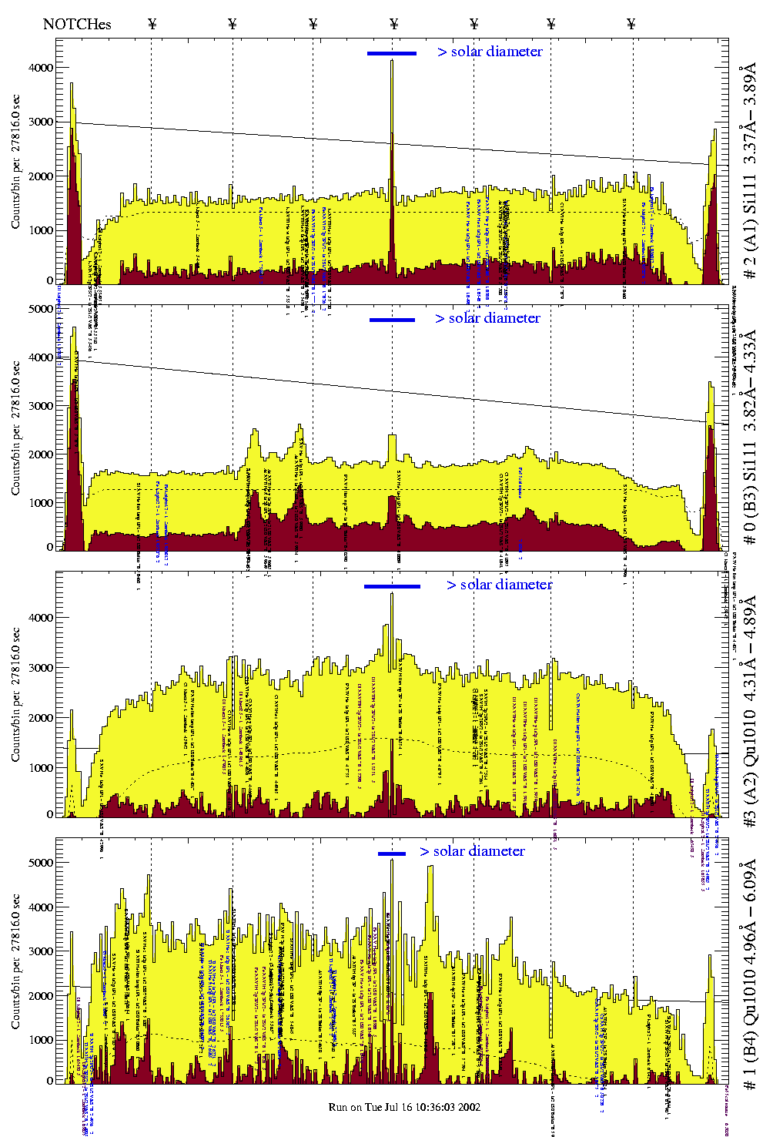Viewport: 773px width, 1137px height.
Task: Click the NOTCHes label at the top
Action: pos(77,24)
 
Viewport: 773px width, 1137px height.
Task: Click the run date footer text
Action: pos(404,1107)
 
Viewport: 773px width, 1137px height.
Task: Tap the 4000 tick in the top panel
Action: pos(39,68)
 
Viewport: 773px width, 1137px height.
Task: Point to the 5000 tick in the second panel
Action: pos(39,309)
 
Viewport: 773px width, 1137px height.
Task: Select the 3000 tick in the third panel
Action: pos(39,668)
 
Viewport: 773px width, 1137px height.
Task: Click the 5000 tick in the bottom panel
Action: pos(39,863)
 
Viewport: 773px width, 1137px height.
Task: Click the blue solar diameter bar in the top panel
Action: pos(392,53)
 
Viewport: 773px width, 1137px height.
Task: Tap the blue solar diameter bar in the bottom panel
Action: pos(392,853)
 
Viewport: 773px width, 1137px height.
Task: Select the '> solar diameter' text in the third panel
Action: pos(499,585)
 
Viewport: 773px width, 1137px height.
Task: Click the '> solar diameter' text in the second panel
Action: pos(487,318)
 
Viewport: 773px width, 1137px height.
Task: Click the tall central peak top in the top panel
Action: pos(392,61)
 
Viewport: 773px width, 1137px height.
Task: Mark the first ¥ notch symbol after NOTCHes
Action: pos(152,24)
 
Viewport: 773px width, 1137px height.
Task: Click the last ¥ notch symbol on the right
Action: pos(631,24)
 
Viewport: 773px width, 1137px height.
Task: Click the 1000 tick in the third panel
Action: pos(39,768)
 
